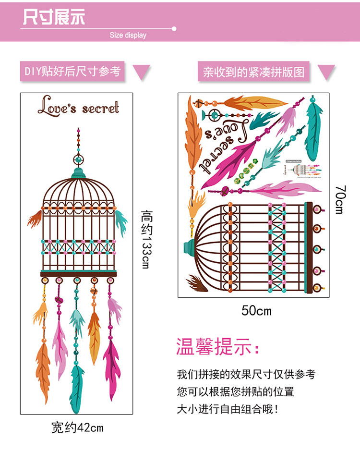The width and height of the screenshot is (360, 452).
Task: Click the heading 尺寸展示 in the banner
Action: tap(54, 17)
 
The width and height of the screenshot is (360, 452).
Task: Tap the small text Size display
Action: tap(128, 35)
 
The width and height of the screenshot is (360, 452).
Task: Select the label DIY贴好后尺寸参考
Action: tap(72, 72)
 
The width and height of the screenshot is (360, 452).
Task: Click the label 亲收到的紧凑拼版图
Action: tap(253, 72)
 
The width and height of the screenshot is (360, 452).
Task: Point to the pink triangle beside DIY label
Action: tap(141, 73)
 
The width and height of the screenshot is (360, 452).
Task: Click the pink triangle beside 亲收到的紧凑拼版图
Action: tap(326, 72)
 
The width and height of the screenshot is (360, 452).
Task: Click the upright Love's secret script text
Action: tap(78, 107)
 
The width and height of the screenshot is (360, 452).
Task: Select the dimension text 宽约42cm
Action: tap(77, 427)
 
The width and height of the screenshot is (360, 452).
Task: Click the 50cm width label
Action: tap(256, 311)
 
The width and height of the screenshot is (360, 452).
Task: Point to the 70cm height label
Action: tap(339, 199)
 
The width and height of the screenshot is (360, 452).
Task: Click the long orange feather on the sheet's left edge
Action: tap(194, 134)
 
